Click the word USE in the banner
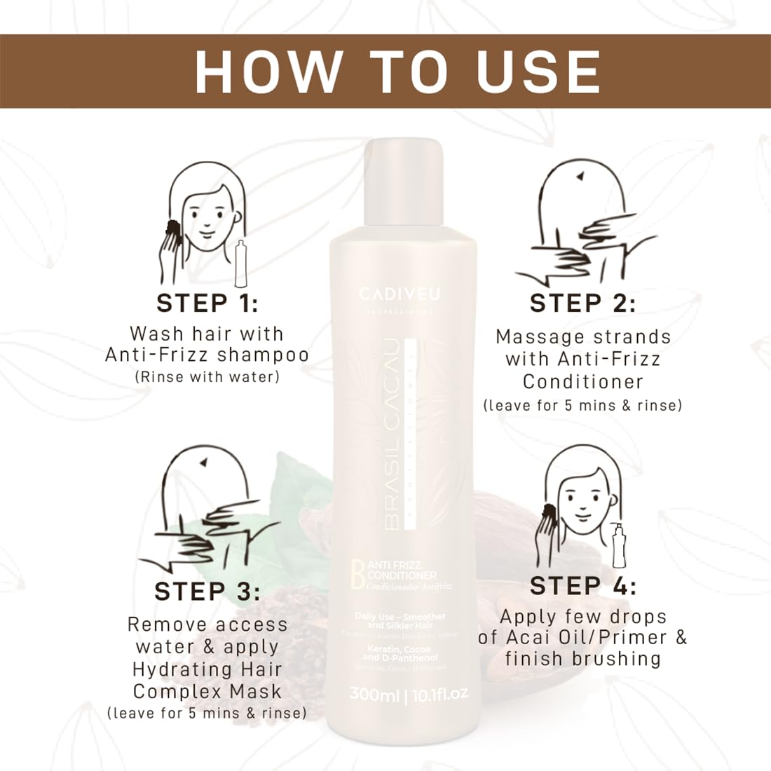538,71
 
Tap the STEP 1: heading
207,303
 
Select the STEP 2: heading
582,303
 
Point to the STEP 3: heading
207,592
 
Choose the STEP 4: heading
582,586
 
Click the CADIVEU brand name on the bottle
400,293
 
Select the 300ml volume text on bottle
374,695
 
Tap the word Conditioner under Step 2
582,382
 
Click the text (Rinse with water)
207,377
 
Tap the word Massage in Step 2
535,337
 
